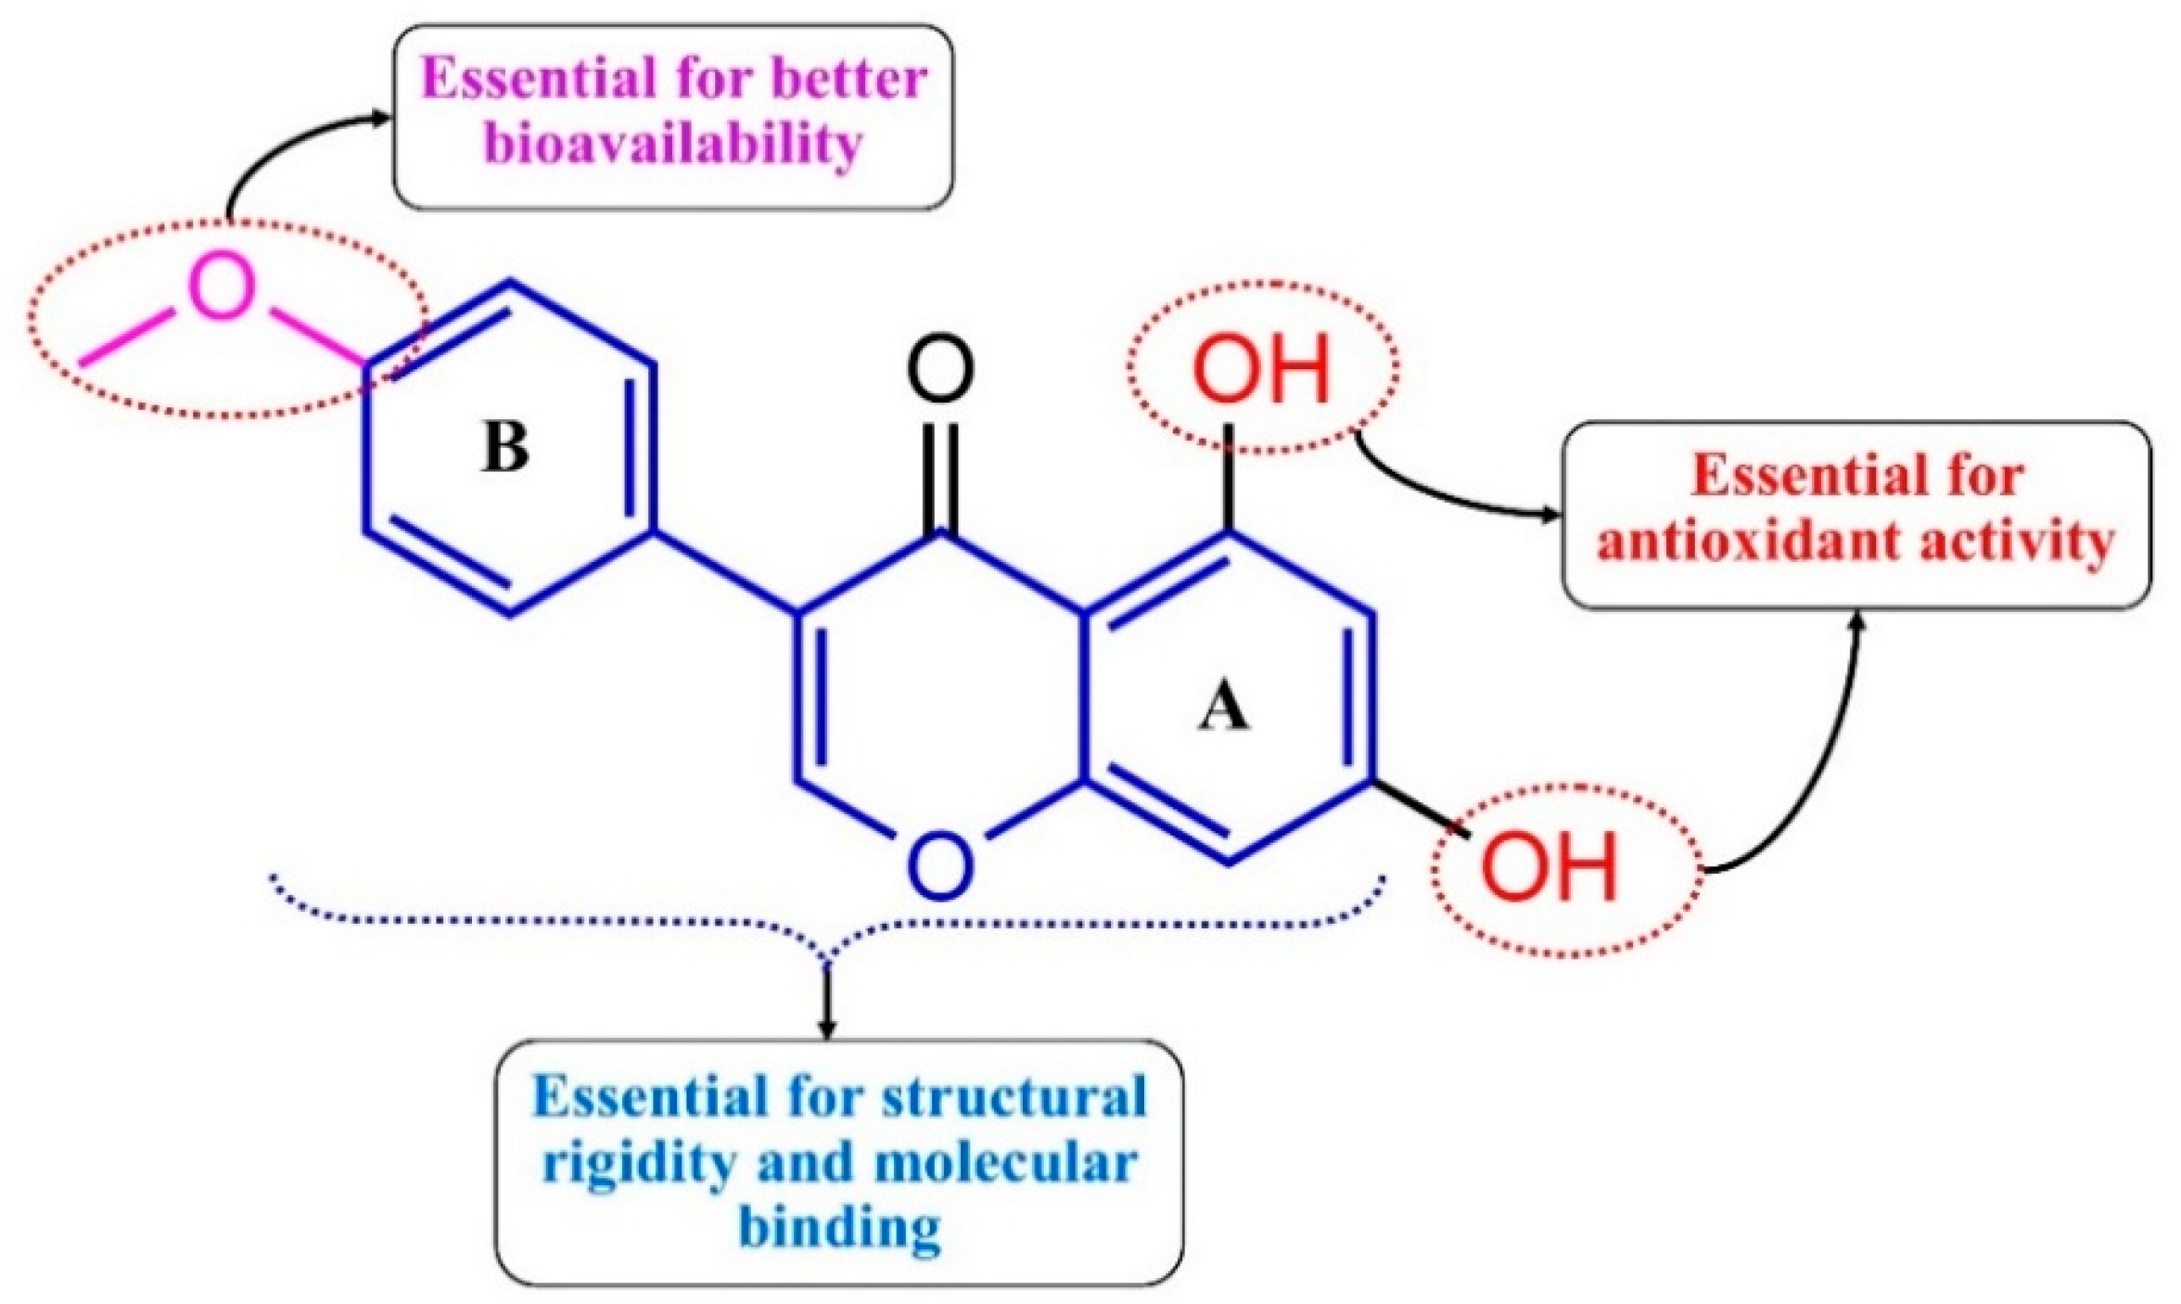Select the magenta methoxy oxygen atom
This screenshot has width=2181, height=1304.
[223, 286]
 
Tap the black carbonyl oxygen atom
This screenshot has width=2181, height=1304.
[940, 368]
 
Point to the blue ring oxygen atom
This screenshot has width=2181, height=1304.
[941, 864]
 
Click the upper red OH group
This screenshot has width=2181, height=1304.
[1261, 368]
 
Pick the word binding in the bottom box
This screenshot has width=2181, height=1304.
[840, 1228]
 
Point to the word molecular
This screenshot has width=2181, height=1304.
[1005, 1162]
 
